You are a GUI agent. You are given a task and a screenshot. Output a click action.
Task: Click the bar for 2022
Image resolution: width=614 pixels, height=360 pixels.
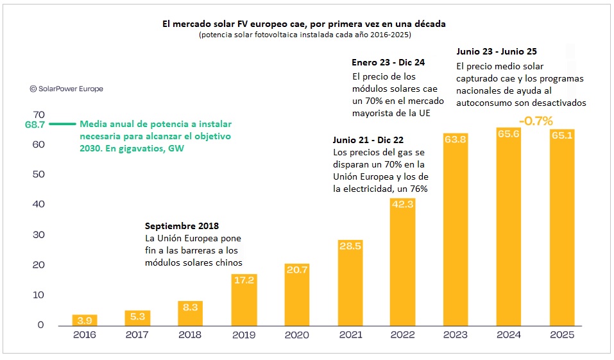(402, 263)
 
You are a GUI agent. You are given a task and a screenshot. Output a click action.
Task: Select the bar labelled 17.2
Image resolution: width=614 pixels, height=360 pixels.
(243, 300)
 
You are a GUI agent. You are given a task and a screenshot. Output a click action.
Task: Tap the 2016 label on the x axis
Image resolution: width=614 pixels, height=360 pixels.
(85, 335)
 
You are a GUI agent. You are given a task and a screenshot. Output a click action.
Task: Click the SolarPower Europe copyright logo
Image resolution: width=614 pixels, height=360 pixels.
(66, 89)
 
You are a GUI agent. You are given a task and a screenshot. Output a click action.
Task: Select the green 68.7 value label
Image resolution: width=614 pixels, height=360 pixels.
(35, 124)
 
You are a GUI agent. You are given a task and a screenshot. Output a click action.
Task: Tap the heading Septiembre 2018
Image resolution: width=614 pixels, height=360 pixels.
(182, 226)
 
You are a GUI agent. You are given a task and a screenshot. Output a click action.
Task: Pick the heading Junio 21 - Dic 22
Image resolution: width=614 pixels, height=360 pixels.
(372, 140)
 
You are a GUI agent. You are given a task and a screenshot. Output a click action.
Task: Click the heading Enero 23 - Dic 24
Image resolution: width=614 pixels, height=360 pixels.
(388, 62)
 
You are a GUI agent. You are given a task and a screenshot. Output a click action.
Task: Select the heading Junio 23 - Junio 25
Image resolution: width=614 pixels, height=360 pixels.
(497, 51)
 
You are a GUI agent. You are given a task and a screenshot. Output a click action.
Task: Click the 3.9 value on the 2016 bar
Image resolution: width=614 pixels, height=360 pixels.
(85, 320)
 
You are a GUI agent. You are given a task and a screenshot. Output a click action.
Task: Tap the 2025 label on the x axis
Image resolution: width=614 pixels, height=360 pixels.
(561, 335)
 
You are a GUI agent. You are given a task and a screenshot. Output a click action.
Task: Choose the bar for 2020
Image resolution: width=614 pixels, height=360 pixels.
(296, 295)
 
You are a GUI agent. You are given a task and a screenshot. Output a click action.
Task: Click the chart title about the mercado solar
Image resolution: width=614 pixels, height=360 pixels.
(304, 23)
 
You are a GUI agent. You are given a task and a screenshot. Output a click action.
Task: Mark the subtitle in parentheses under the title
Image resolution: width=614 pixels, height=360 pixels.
(305, 35)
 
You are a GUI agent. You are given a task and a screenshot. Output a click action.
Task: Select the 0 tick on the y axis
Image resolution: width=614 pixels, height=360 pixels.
(41, 325)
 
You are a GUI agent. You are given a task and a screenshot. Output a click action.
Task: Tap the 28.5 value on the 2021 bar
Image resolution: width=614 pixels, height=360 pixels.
(349, 246)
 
